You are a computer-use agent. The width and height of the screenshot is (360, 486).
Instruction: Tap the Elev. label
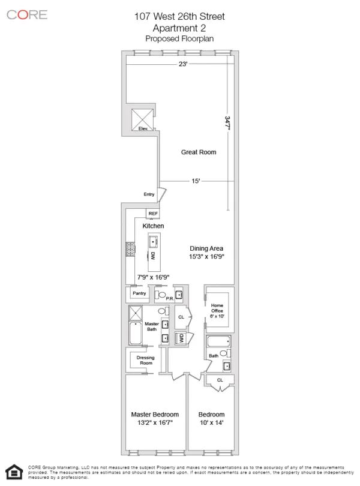pos(143,128)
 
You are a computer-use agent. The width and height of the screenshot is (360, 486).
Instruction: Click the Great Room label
pos(199,152)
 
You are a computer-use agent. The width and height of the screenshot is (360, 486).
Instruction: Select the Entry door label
pos(149,194)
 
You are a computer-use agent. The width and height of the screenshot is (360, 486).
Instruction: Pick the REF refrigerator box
pos(153,214)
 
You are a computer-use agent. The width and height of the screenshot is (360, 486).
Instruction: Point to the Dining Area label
pos(206,248)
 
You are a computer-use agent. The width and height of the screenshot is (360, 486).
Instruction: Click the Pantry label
pos(139,293)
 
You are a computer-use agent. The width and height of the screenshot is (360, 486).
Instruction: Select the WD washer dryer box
pos(179,338)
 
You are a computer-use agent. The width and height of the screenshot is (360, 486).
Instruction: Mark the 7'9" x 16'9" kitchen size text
pos(153,277)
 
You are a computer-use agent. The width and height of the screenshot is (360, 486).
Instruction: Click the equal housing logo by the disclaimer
pos(13,472)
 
